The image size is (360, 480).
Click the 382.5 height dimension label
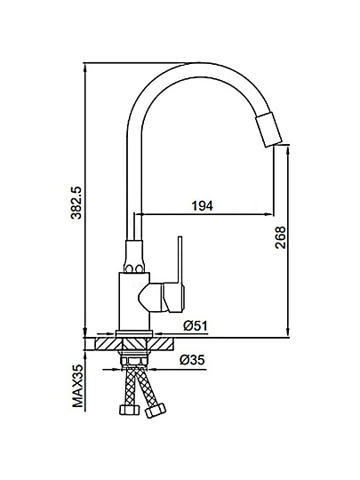pos(76,203)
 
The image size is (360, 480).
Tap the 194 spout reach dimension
pos(203,206)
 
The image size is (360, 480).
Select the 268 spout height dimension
pos(280,237)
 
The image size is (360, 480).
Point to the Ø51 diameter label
pos(196,325)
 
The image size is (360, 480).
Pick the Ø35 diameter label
pos(192,360)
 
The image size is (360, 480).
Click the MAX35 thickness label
pos(77,386)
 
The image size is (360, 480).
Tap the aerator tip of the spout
pos(268,131)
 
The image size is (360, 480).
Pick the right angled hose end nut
pos(156,410)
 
